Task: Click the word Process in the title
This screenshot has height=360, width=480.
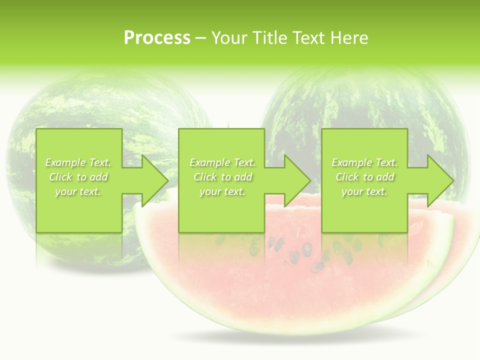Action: coord(157,38)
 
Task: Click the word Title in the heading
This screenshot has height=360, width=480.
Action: coord(268,38)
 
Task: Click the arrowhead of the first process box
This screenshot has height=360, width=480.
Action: coord(152,180)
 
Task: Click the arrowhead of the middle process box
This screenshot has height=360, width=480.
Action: coord(295,180)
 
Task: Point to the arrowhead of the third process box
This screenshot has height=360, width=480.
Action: coord(438,180)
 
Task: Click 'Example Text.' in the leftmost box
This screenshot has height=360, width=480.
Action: coord(78,162)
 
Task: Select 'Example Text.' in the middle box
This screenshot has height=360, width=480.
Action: coord(222,162)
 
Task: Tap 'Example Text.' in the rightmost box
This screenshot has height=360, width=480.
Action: coord(364,162)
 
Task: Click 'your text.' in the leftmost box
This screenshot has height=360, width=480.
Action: coord(78,191)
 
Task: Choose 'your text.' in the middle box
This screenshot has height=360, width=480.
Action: coord(222,191)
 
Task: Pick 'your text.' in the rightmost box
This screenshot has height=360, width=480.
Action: coord(364,191)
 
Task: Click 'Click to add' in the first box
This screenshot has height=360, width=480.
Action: coord(78,177)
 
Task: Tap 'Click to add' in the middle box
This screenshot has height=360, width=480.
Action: coord(222,177)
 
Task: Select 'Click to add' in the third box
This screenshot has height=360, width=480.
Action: coord(364,177)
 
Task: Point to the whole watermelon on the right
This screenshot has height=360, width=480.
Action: coord(365,100)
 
